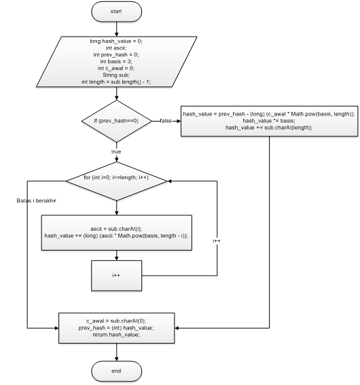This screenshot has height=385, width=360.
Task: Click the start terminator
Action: (x=117, y=12)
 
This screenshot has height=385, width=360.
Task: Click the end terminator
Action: (x=117, y=371)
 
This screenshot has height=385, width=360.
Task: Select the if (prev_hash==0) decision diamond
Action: (x=117, y=120)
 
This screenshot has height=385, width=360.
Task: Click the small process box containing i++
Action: (x=117, y=276)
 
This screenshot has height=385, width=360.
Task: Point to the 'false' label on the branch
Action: (x=166, y=120)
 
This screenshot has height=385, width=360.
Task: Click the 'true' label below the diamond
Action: (x=116, y=151)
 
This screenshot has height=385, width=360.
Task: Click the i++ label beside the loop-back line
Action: (x=217, y=241)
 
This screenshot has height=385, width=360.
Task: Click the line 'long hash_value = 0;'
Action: (x=117, y=41)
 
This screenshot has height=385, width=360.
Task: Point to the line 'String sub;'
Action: (x=117, y=75)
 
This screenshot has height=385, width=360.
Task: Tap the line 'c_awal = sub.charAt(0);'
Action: (x=117, y=320)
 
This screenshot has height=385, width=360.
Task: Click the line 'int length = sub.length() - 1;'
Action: (x=117, y=81)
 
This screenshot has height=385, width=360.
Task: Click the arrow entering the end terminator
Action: (x=117, y=352)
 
